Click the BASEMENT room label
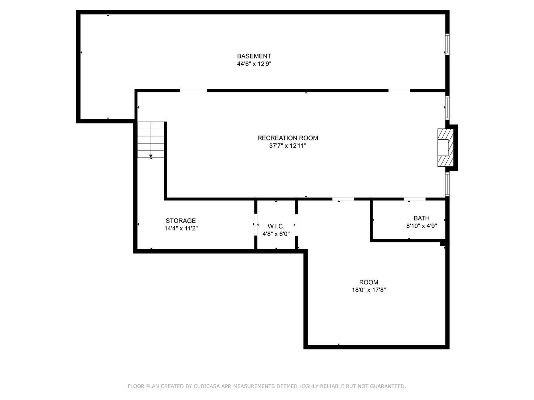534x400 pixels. coord(254,56)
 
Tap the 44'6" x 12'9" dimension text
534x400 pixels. coord(254,64)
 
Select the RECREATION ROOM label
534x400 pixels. coord(288,138)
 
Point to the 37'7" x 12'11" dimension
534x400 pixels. coord(288,146)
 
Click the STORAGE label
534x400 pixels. coord(181,221)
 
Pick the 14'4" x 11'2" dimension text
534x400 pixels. coord(181,228)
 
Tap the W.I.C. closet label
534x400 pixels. coord(276,226)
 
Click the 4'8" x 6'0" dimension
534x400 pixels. coord(276,234)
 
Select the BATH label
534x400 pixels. coord(421,218)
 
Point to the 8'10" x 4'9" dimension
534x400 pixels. coord(421,226)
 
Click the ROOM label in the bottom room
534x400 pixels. coord(369,282)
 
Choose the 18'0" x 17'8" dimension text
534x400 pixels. coord(369,290)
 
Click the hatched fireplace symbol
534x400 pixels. coord(445,148)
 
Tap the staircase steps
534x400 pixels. coord(151,140)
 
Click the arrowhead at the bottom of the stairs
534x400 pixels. coord(151,156)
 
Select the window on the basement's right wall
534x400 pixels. coord(447,44)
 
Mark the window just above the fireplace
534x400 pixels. coord(447,107)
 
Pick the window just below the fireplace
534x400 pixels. coord(447,184)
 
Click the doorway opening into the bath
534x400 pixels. coord(415,199)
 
